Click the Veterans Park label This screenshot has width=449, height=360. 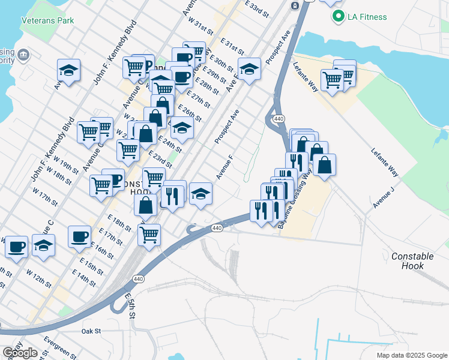pyautogui.click(x=47, y=20)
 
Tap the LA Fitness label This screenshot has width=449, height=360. pyautogui.click(x=366, y=16)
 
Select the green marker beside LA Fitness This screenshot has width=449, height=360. pyautogui.click(x=339, y=16)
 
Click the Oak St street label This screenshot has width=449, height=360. pyautogui.click(x=91, y=331)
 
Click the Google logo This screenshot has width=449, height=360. pyautogui.click(x=20, y=353)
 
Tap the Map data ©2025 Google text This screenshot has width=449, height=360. pyautogui.click(x=412, y=355)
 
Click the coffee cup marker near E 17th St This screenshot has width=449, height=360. pyautogui.click(x=79, y=236)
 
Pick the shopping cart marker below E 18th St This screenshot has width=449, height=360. pyautogui.click(x=149, y=235)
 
